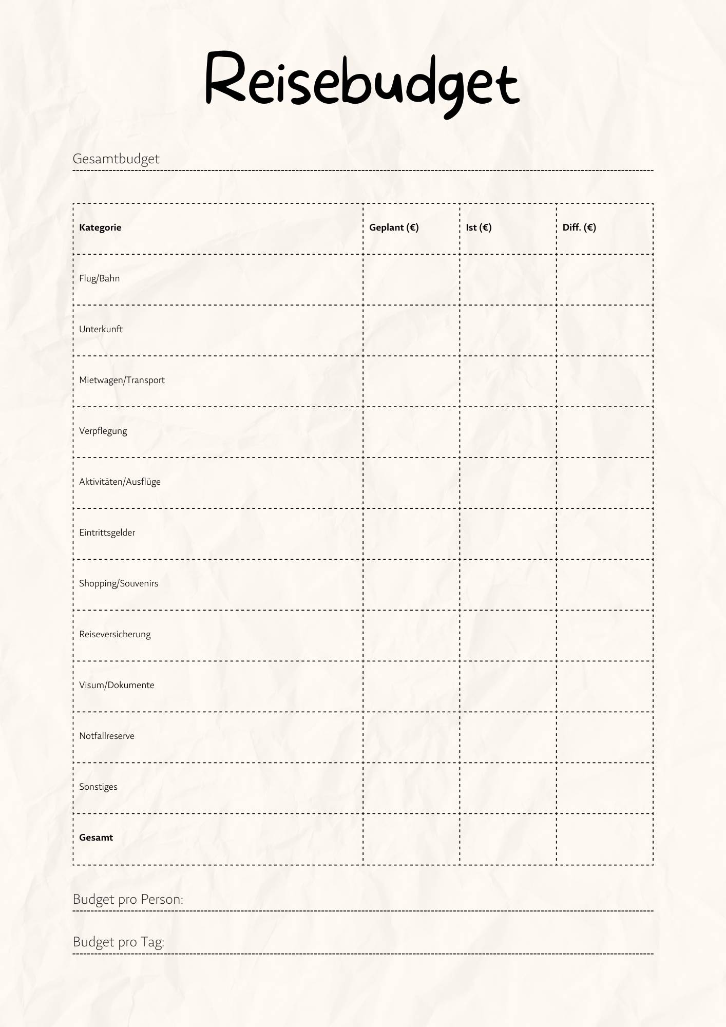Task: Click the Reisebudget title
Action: [x=362, y=82]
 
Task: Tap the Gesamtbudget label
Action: [x=116, y=159]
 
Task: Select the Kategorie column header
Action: [x=100, y=227]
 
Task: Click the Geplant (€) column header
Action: [x=394, y=227]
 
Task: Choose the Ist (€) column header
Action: [x=479, y=227]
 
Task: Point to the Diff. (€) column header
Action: [x=579, y=227]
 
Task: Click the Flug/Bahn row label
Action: [x=99, y=278]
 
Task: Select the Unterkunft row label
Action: [x=101, y=329]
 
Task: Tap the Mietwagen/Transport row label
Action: [x=122, y=380]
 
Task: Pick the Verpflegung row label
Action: [x=103, y=431]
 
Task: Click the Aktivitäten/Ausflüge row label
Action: [x=120, y=482]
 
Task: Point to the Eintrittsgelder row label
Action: [x=107, y=532]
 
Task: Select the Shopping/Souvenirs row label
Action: [x=119, y=583]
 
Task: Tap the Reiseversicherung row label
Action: [x=115, y=634]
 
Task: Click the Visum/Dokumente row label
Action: [x=117, y=685]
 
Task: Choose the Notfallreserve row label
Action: [x=107, y=736]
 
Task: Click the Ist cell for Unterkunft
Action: [x=508, y=330]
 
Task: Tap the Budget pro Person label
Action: [x=128, y=899]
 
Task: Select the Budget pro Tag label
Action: [x=119, y=942]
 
